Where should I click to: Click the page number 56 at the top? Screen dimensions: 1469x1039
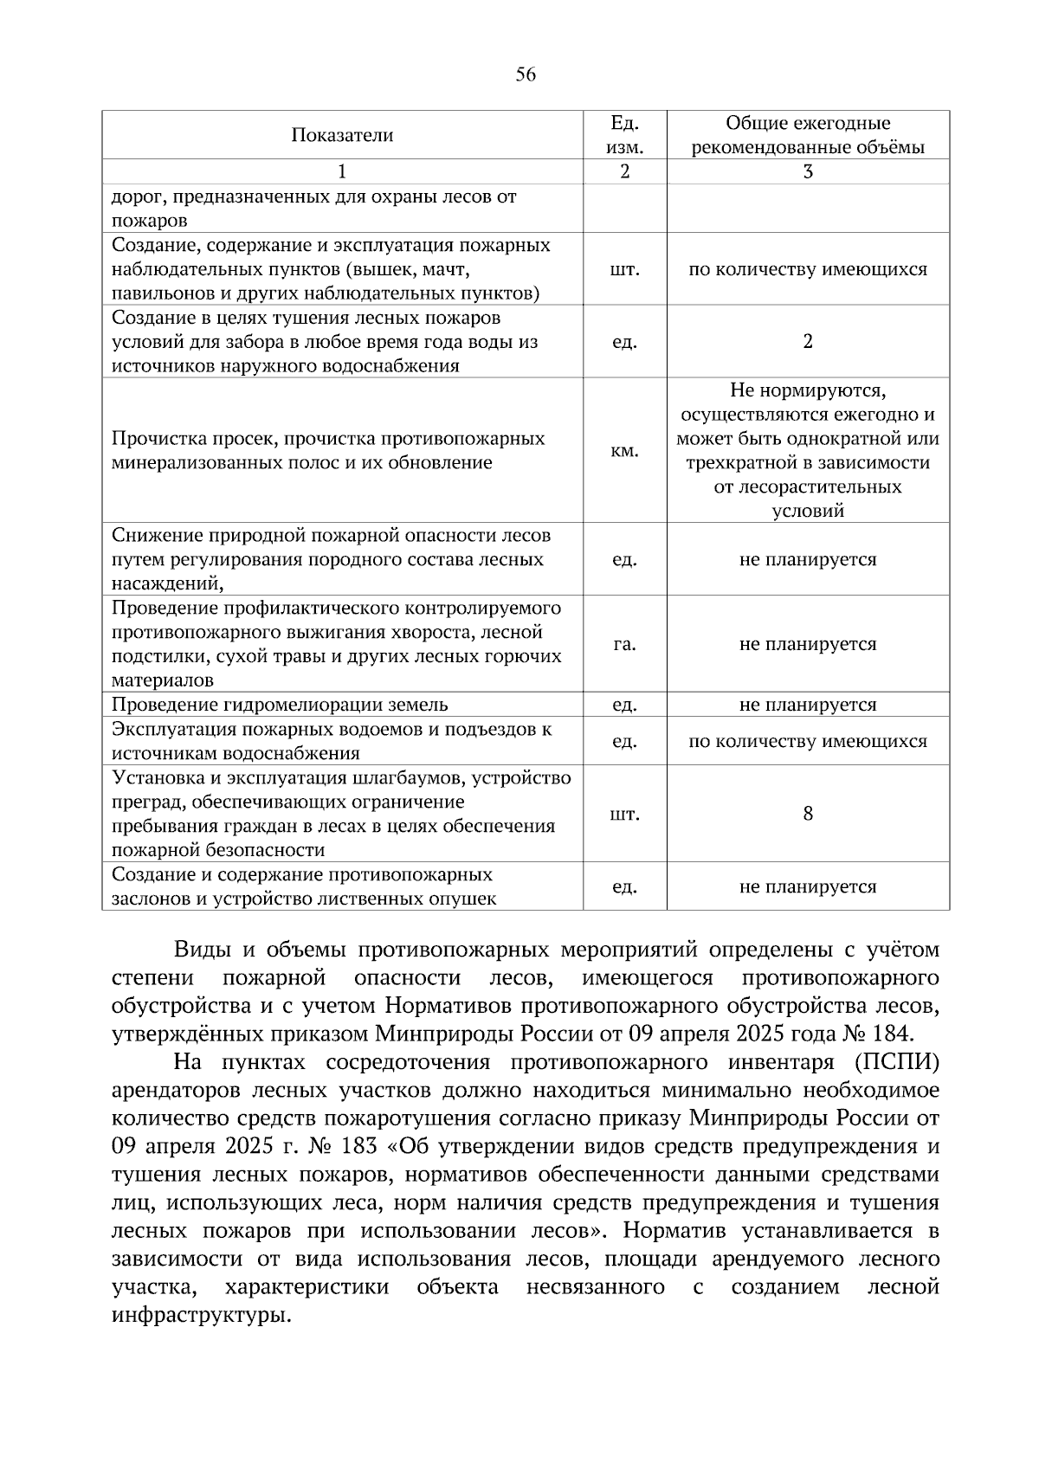[526, 75]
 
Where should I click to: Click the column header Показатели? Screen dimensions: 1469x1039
[342, 135]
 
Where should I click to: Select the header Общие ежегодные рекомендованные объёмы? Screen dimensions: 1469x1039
[807, 135]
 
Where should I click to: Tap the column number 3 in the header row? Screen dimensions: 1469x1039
[808, 171]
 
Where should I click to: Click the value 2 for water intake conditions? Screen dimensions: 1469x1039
[808, 341]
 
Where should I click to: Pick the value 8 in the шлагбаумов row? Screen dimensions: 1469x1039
[808, 814]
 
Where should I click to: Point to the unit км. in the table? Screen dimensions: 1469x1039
[624, 451]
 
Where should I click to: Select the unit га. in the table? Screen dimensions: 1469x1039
[624, 644]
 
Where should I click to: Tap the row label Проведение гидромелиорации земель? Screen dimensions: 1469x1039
[280, 705]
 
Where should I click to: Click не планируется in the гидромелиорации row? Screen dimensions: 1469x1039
[808, 705]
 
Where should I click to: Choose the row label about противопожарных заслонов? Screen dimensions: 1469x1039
[304, 886]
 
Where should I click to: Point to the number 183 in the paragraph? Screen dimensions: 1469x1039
[358, 1146]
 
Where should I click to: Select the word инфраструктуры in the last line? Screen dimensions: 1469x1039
[198, 1316]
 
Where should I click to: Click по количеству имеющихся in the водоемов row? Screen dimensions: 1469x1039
[808, 741]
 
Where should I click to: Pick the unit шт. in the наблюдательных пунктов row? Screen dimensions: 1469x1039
[624, 269]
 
